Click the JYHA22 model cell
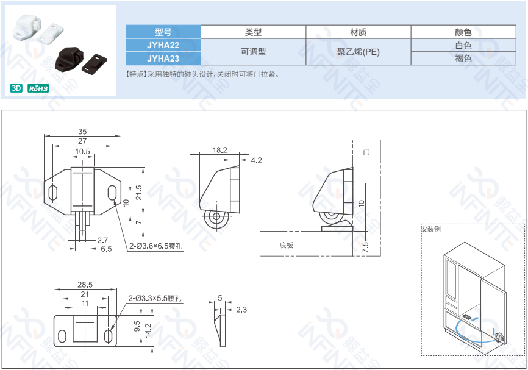163,45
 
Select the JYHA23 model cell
163,59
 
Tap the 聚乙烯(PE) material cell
358,52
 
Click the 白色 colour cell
463,45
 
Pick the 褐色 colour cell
463,59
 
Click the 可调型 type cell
253,52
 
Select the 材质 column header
358,32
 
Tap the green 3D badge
16,88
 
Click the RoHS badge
38,88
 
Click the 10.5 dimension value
82,151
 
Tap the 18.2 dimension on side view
220,150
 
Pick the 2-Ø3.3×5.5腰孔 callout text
155,298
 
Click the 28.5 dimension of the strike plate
85,285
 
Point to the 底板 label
286,245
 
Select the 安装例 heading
430,229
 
